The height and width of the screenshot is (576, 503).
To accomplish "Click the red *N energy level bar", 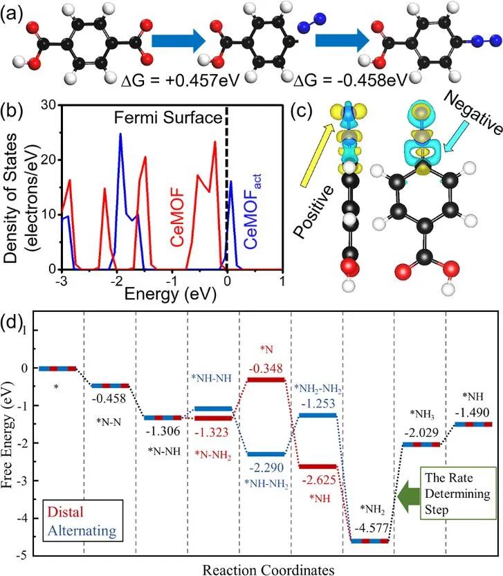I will click(x=265, y=380).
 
